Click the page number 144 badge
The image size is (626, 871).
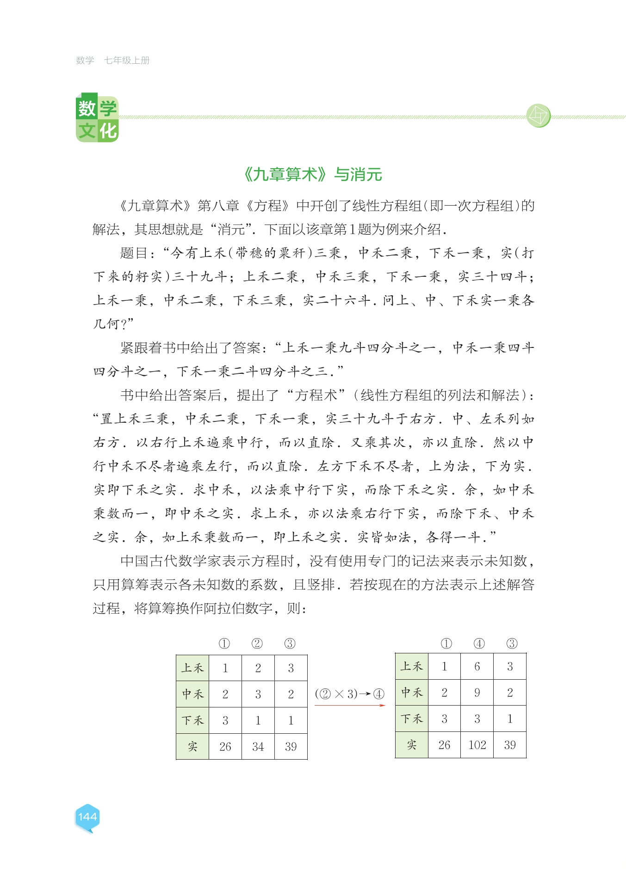(87, 817)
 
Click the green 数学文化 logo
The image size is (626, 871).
(97, 119)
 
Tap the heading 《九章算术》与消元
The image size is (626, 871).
(313, 175)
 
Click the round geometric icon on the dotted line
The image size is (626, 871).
(538, 116)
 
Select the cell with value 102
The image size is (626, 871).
(477, 745)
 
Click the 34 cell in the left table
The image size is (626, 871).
(258, 747)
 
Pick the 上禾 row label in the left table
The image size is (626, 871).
(192, 668)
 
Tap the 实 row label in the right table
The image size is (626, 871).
(411, 745)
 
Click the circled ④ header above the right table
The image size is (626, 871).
(479, 643)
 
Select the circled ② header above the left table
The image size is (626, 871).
(257, 644)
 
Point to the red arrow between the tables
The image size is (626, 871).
(350, 706)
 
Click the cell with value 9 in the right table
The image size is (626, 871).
(477, 693)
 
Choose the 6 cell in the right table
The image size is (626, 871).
(477, 666)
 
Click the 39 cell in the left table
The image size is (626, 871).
(291, 747)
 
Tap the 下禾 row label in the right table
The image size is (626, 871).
(411, 719)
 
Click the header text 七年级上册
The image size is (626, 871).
(127, 61)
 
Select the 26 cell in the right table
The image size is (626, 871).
(444, 745)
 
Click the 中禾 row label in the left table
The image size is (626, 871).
(192, 694)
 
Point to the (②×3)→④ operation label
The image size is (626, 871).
(350, 694)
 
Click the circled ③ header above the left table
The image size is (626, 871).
(290, 644)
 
